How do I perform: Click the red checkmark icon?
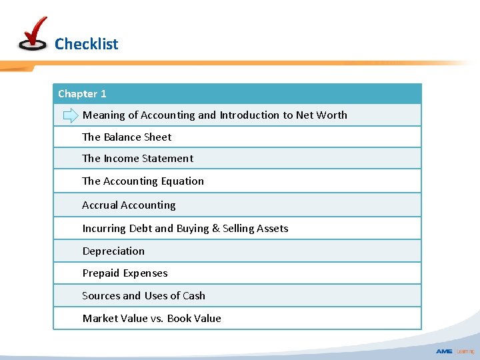tap(33, 33)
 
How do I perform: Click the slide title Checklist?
tap(86, 44)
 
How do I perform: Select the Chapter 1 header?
tap(82, 94)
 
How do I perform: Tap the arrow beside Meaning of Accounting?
tap(71, 115)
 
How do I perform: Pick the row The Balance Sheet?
tap(127, 137)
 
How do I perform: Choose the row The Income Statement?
tap(137, 159)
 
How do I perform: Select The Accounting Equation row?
tap(143, 181)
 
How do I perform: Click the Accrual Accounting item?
tap(129, 205)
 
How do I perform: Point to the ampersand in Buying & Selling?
tap(215, 229)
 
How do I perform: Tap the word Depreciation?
tap(113, 251)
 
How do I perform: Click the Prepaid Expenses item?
tap(125, 273)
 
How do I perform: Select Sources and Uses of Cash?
tap(143, 296)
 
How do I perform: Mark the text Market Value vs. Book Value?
tap(151, 319)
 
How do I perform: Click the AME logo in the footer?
tap(444, 351)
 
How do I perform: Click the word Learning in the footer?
tap(465, 351)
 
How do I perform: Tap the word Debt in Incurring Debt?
tap(141, 229)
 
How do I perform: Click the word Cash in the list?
tap(194, 296)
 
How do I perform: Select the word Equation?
tap(183, 181)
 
